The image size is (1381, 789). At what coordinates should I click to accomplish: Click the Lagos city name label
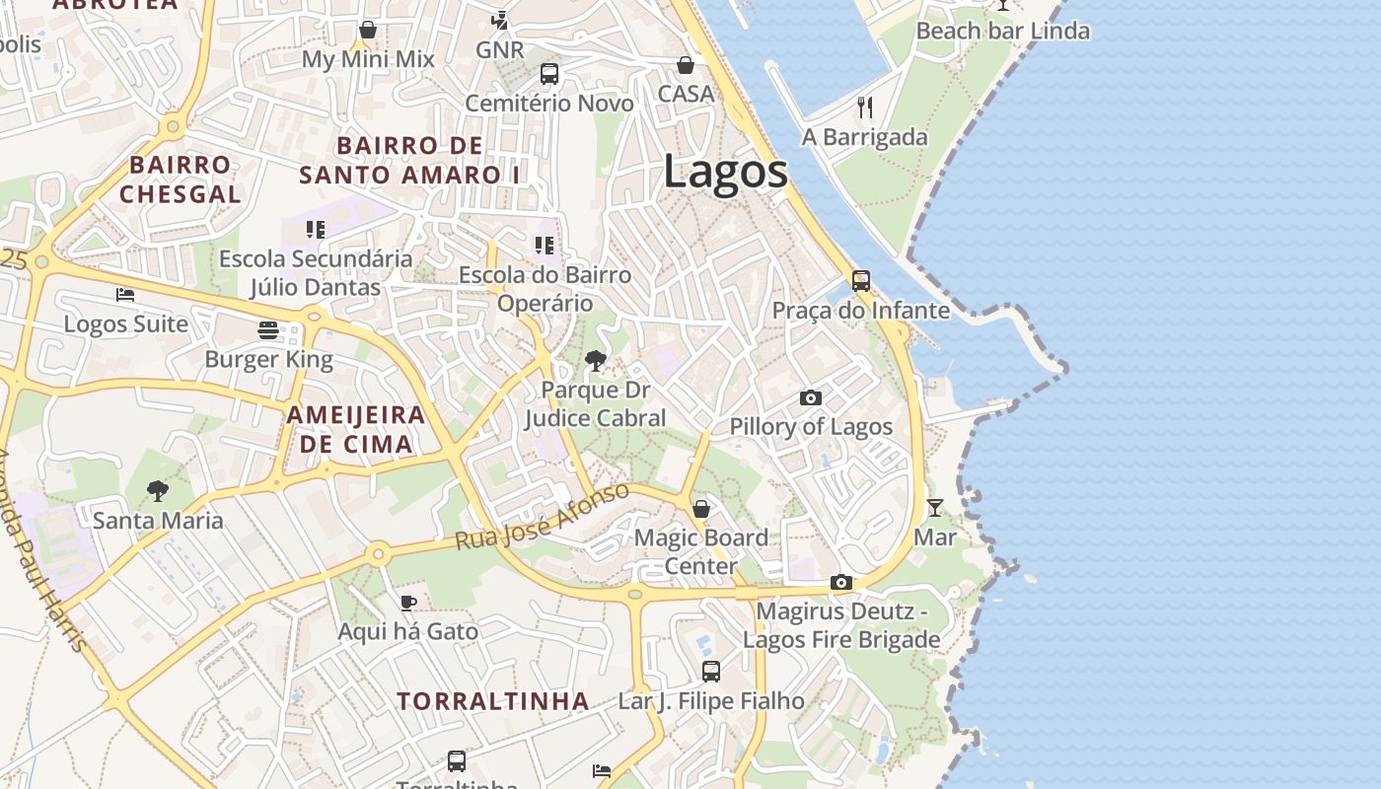(x=725, y=172)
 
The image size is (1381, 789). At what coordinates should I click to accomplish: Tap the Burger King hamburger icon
(x=268, y=329)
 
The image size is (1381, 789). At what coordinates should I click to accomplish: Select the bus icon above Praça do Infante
(x=861, y=281)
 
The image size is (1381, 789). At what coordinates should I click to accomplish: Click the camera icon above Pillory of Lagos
(x=811, y=397)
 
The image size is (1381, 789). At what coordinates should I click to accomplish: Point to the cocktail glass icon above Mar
(x=935, y=508)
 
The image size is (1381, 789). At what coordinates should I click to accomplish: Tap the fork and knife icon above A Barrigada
(x=865, y=107)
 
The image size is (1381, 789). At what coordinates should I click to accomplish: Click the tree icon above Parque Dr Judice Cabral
(x=595, y=361)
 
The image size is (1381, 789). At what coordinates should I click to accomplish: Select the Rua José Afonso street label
(x=542, y=518)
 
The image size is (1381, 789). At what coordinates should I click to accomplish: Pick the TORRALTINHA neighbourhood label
(x=493, y=701)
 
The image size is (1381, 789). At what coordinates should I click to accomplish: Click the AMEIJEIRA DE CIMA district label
(x=356, y=429)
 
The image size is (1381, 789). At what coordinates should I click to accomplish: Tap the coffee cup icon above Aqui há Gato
(x=408, y=603)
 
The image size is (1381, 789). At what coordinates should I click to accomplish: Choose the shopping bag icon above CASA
(x=686, y=65)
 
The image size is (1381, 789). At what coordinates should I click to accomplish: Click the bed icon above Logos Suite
(x=125, y=295)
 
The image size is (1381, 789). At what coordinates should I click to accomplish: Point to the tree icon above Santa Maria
(x=157, y=490)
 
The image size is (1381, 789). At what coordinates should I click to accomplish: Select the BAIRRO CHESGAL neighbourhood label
(x=181, y=179)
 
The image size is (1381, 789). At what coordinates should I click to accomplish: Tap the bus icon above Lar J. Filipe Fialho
(x=711, y=672)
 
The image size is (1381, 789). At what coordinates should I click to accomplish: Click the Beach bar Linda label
(x=1002, y=31)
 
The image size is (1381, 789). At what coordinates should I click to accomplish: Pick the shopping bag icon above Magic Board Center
(x=701, y=509)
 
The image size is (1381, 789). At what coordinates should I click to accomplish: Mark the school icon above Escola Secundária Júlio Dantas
(x=316, y=230)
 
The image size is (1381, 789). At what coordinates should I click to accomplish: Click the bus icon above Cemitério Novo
(x=549, y=74)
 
